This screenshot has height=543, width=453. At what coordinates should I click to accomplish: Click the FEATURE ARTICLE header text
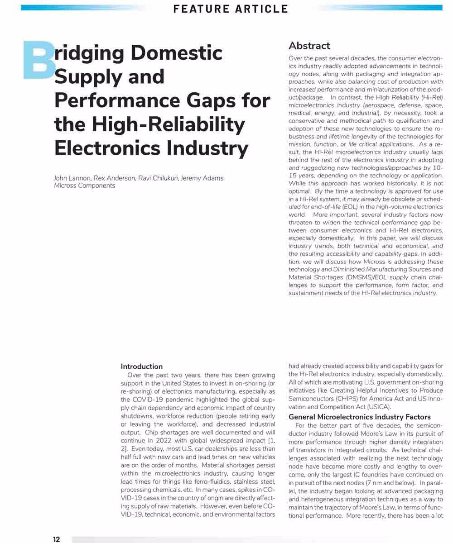231,9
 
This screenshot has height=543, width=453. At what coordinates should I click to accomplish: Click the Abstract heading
309,46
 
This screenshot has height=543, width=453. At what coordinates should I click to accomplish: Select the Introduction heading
142,367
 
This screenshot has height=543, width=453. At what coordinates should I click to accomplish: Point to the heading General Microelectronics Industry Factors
360,417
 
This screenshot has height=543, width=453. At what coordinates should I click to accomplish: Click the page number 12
56,539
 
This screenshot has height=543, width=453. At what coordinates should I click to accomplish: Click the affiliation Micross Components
85,186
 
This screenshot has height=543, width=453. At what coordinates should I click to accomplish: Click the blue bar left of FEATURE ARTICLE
84,8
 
